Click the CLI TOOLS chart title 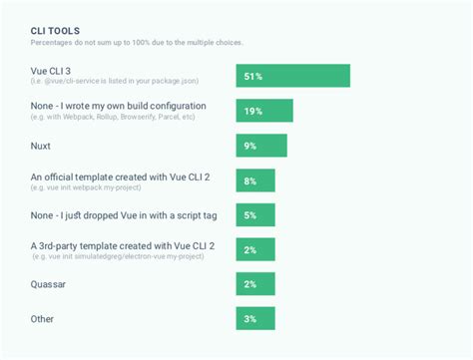tap(56, 31)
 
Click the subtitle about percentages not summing tap(137, 43)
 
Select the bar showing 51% tap(292, 76)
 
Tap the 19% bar tap(263, 111)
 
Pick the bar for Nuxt tap(260, 146)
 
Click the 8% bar tap(255, 180)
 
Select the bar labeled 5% tap(254, 214)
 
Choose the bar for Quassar tap(254, 284)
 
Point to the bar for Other tap(254, 318)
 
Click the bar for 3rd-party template tap(254, 249)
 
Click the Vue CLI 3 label tap(56, 71)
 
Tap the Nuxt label tap(41, 146)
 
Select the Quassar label tap(49, 283)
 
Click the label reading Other tap(43, 318)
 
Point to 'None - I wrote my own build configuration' tap(119, 105)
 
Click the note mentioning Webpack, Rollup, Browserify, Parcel tap(113, 117)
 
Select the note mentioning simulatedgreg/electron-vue tap(118, 256)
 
